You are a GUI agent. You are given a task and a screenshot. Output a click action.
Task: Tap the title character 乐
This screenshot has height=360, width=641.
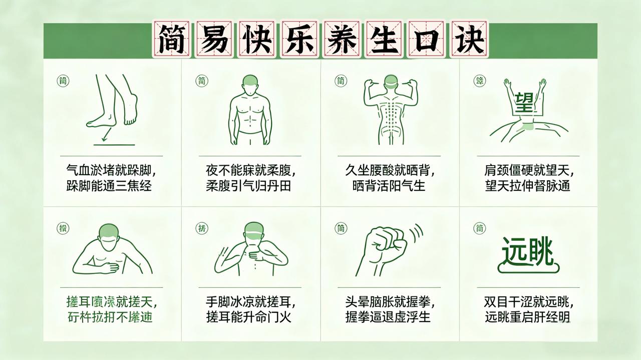(x=298, y=39)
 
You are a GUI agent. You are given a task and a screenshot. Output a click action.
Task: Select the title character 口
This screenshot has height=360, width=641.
(x=426, y=39)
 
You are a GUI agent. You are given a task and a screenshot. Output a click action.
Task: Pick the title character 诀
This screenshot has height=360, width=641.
(x=469, y=39)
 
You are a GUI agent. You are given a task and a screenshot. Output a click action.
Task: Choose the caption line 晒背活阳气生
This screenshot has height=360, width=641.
(x=389, y=186)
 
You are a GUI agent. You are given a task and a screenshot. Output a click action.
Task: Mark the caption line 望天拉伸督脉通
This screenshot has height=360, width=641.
(x=527, y=186)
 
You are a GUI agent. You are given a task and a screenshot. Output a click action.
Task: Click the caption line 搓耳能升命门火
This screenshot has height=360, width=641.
(x=248, y=317)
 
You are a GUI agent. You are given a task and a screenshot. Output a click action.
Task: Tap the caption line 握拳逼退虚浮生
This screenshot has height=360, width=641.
(x=388, y=317)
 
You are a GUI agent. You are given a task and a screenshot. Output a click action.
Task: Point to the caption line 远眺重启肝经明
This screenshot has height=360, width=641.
(x=527, y=317)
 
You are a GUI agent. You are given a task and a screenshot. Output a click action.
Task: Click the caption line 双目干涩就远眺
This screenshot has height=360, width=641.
(x=528, y=302)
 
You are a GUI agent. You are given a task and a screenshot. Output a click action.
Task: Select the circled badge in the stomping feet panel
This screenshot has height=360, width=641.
(x=64, y=81)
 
